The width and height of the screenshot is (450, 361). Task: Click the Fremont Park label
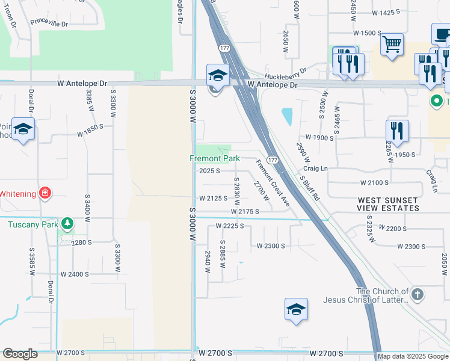tap(215, 159)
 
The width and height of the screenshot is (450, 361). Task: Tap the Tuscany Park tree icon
tap(68, 224)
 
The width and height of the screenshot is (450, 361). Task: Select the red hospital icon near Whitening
tap(45, 193)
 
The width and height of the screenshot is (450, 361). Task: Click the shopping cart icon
tap(392, 43)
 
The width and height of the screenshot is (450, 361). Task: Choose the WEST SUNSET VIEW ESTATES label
tap(389, 204)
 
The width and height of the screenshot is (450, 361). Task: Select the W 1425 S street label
tap(386, 13)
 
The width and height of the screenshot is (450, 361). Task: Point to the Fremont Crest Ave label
tap(273, 183)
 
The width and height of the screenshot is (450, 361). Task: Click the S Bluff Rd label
tap(310, 187)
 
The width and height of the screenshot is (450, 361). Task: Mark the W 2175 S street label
tap(244, 212)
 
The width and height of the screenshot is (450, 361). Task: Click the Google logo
tap(20, 354)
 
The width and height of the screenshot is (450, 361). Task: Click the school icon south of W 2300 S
tap(296, 310)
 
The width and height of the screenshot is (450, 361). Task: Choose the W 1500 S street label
tap(367, 33)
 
